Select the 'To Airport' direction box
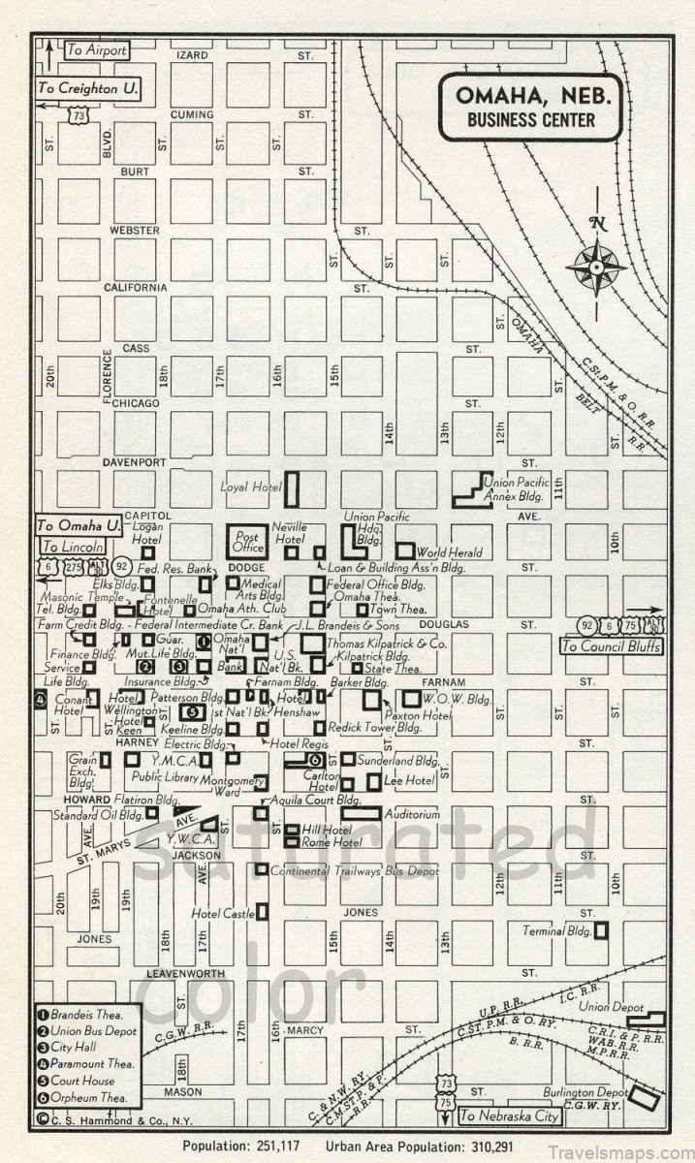point(95,49)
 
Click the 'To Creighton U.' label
point(87,88)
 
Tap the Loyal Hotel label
point(249,487)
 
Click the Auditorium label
point(411,814)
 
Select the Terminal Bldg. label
point(556,931)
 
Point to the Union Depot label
point(612,1008)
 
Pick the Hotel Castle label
point(222,913)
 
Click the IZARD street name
point(191,55)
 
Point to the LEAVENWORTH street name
point(185,972)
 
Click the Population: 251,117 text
point(242,1146)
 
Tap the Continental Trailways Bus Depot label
point(354,870)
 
